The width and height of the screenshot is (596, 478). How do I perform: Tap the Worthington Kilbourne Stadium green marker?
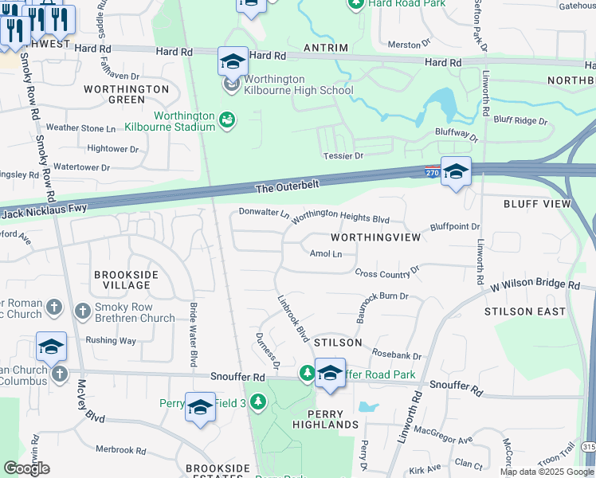coord(227,119)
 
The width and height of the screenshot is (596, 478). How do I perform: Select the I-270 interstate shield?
coord(430,171)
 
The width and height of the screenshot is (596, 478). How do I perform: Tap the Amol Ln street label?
coord(325,254)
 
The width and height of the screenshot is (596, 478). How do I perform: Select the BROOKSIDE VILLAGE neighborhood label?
coord(126,280)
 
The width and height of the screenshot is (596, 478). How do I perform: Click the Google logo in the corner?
coord(26,468)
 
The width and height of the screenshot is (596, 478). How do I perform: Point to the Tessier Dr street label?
coord(342,155)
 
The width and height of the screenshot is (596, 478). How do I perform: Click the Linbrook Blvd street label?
coord(292,320)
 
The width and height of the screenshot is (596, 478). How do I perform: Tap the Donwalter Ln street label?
coord(264,213)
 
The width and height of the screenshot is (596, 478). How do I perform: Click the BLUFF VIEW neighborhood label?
coord(537,204)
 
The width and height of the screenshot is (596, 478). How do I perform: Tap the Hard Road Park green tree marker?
coord(355,4)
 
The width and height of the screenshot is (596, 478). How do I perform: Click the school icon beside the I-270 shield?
coord(457,171)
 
